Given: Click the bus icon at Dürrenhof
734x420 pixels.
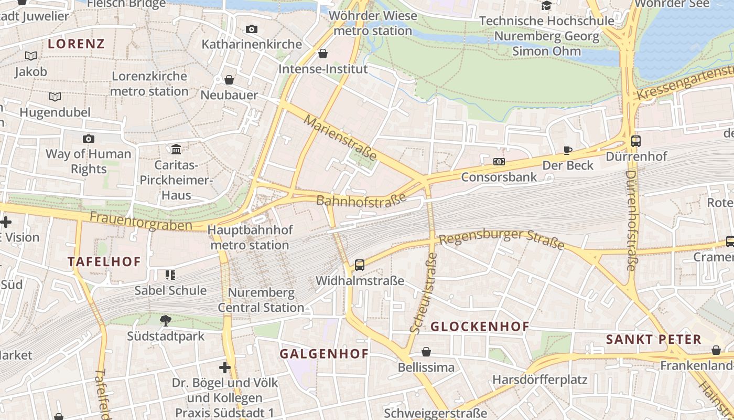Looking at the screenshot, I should tap(636, 141).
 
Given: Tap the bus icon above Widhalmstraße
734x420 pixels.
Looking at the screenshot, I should tap(359, 265).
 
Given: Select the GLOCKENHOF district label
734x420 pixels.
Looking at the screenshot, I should tap(480, 327).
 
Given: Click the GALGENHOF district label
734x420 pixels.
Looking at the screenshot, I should tap(324, 354).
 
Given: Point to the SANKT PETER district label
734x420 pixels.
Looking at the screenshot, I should tap(653, 340).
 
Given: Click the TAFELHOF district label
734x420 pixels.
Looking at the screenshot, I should tap(104, 261).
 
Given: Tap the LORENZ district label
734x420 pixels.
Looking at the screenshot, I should tap(77, 44).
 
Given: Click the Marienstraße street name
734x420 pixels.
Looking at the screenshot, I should tap(340, 138).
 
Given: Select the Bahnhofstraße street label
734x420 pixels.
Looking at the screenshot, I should tap(362, 200).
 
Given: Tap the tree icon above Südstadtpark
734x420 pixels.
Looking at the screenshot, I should tap(166, 320).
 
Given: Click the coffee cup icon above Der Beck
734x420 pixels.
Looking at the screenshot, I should tap(567, 150).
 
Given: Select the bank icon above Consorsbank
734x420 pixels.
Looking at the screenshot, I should tap(499, 162).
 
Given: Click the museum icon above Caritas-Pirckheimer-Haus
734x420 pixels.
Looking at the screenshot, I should tap(176, 150).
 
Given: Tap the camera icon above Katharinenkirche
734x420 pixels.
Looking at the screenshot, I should tap(252, 29).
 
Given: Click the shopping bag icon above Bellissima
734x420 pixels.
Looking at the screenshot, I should tap(426, 352).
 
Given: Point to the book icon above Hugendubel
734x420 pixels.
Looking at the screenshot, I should tap(55, 97).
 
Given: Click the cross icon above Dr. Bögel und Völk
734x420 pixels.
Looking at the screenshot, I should tap(225, 367).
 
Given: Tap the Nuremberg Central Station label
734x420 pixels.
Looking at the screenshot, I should tap(261, 300).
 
